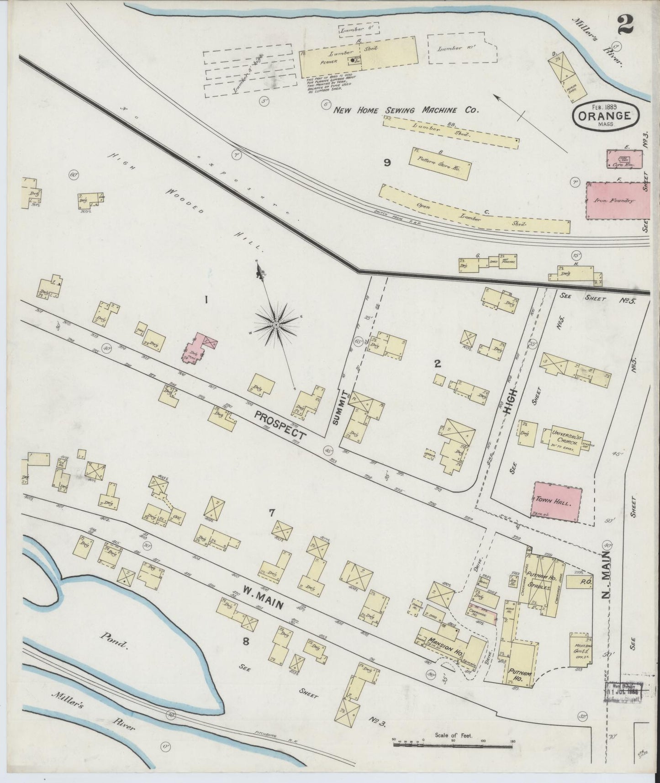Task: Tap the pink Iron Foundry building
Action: [x=618, y=200]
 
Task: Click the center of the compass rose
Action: [x=275, y=324]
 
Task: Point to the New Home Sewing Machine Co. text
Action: [x=405, y=110]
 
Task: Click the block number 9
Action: [x=386, y=163]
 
